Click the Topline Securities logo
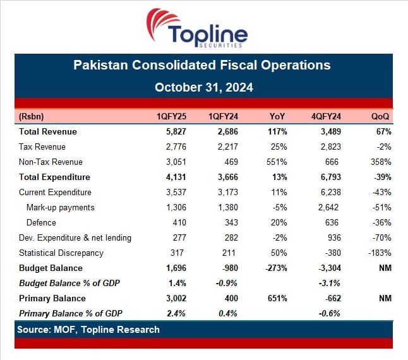[196, 28]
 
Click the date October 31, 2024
[204, 87]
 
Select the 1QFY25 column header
[171, 116]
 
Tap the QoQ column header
[380, 116]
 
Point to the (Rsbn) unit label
[31, 116]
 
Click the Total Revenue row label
[48, 131]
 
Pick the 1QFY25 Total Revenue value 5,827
[176, 131]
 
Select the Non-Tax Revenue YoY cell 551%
[277, 162]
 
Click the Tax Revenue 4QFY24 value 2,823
[330, 147]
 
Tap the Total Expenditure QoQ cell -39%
[383, 177]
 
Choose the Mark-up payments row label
[61, 208]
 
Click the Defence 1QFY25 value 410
[179, 223]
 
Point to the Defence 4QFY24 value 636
[332, 223]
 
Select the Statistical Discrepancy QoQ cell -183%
[380, 253]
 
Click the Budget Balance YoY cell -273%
[276, 268]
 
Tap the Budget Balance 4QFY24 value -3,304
[330, 268]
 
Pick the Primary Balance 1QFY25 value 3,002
[176, 298]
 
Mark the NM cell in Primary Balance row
[385, 298]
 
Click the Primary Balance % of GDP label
[71, 313]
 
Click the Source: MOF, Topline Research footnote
[88, 330]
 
